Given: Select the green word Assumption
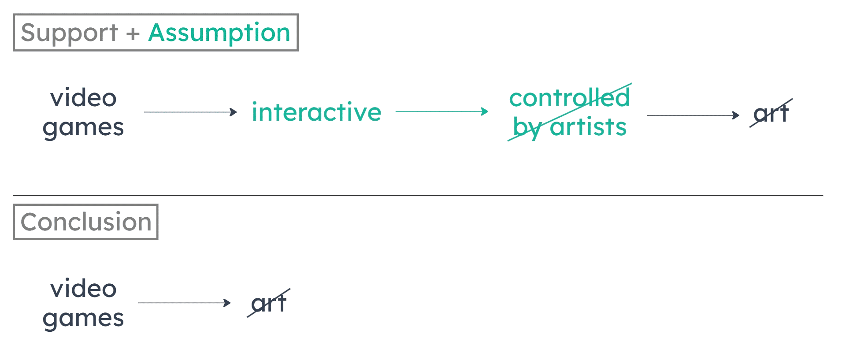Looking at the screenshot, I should [x=219, y=33].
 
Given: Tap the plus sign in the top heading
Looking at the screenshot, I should [x=132, y=33].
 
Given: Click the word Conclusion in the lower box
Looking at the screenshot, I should [x=86, y=222].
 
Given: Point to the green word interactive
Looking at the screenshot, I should [x=316, y=112].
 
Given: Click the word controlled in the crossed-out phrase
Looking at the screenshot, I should [x=569, y=98].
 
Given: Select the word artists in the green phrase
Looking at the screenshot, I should [x=589, y=127].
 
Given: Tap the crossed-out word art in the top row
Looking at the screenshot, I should [x=771, y=114].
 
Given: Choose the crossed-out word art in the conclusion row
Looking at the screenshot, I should [x=268, y=303].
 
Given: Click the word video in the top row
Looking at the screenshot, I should [x=83, y=98].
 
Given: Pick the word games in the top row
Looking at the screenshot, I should [x=83, y=127].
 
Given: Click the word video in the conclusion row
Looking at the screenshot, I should [x=83, y=289].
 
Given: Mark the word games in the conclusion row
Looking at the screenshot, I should [x=83, y=318].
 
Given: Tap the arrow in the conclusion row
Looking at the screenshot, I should [x=184, y=303].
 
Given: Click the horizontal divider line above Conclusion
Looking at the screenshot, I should [x=418, y=195].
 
